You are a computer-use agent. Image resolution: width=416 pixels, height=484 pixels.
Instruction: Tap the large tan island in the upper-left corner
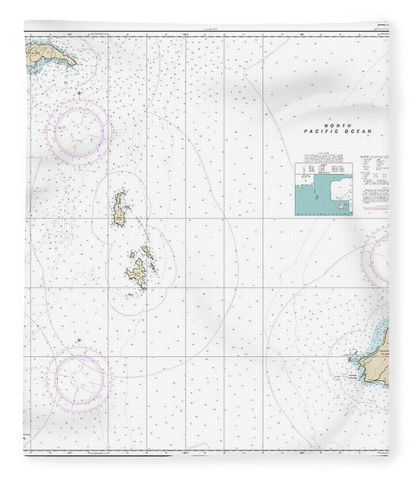pos(48,55)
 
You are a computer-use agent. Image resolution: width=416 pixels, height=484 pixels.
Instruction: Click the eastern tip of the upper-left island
pos(76,62)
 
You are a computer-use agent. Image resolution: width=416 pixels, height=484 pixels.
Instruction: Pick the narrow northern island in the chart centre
pos(120,209)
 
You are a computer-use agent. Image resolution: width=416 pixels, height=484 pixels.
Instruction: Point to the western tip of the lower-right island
pos(350,359)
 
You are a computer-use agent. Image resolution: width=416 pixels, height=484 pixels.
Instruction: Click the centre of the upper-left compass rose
pos(78,133)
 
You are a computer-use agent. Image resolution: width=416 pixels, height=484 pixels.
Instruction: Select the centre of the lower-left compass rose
pos(78,379)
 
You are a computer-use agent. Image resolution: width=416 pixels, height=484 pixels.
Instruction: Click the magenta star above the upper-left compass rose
pos(82,94)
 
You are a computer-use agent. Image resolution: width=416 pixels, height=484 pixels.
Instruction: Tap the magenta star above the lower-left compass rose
pos(79,340)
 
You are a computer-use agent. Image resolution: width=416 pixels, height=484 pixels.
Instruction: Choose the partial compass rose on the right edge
pos(382,255)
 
